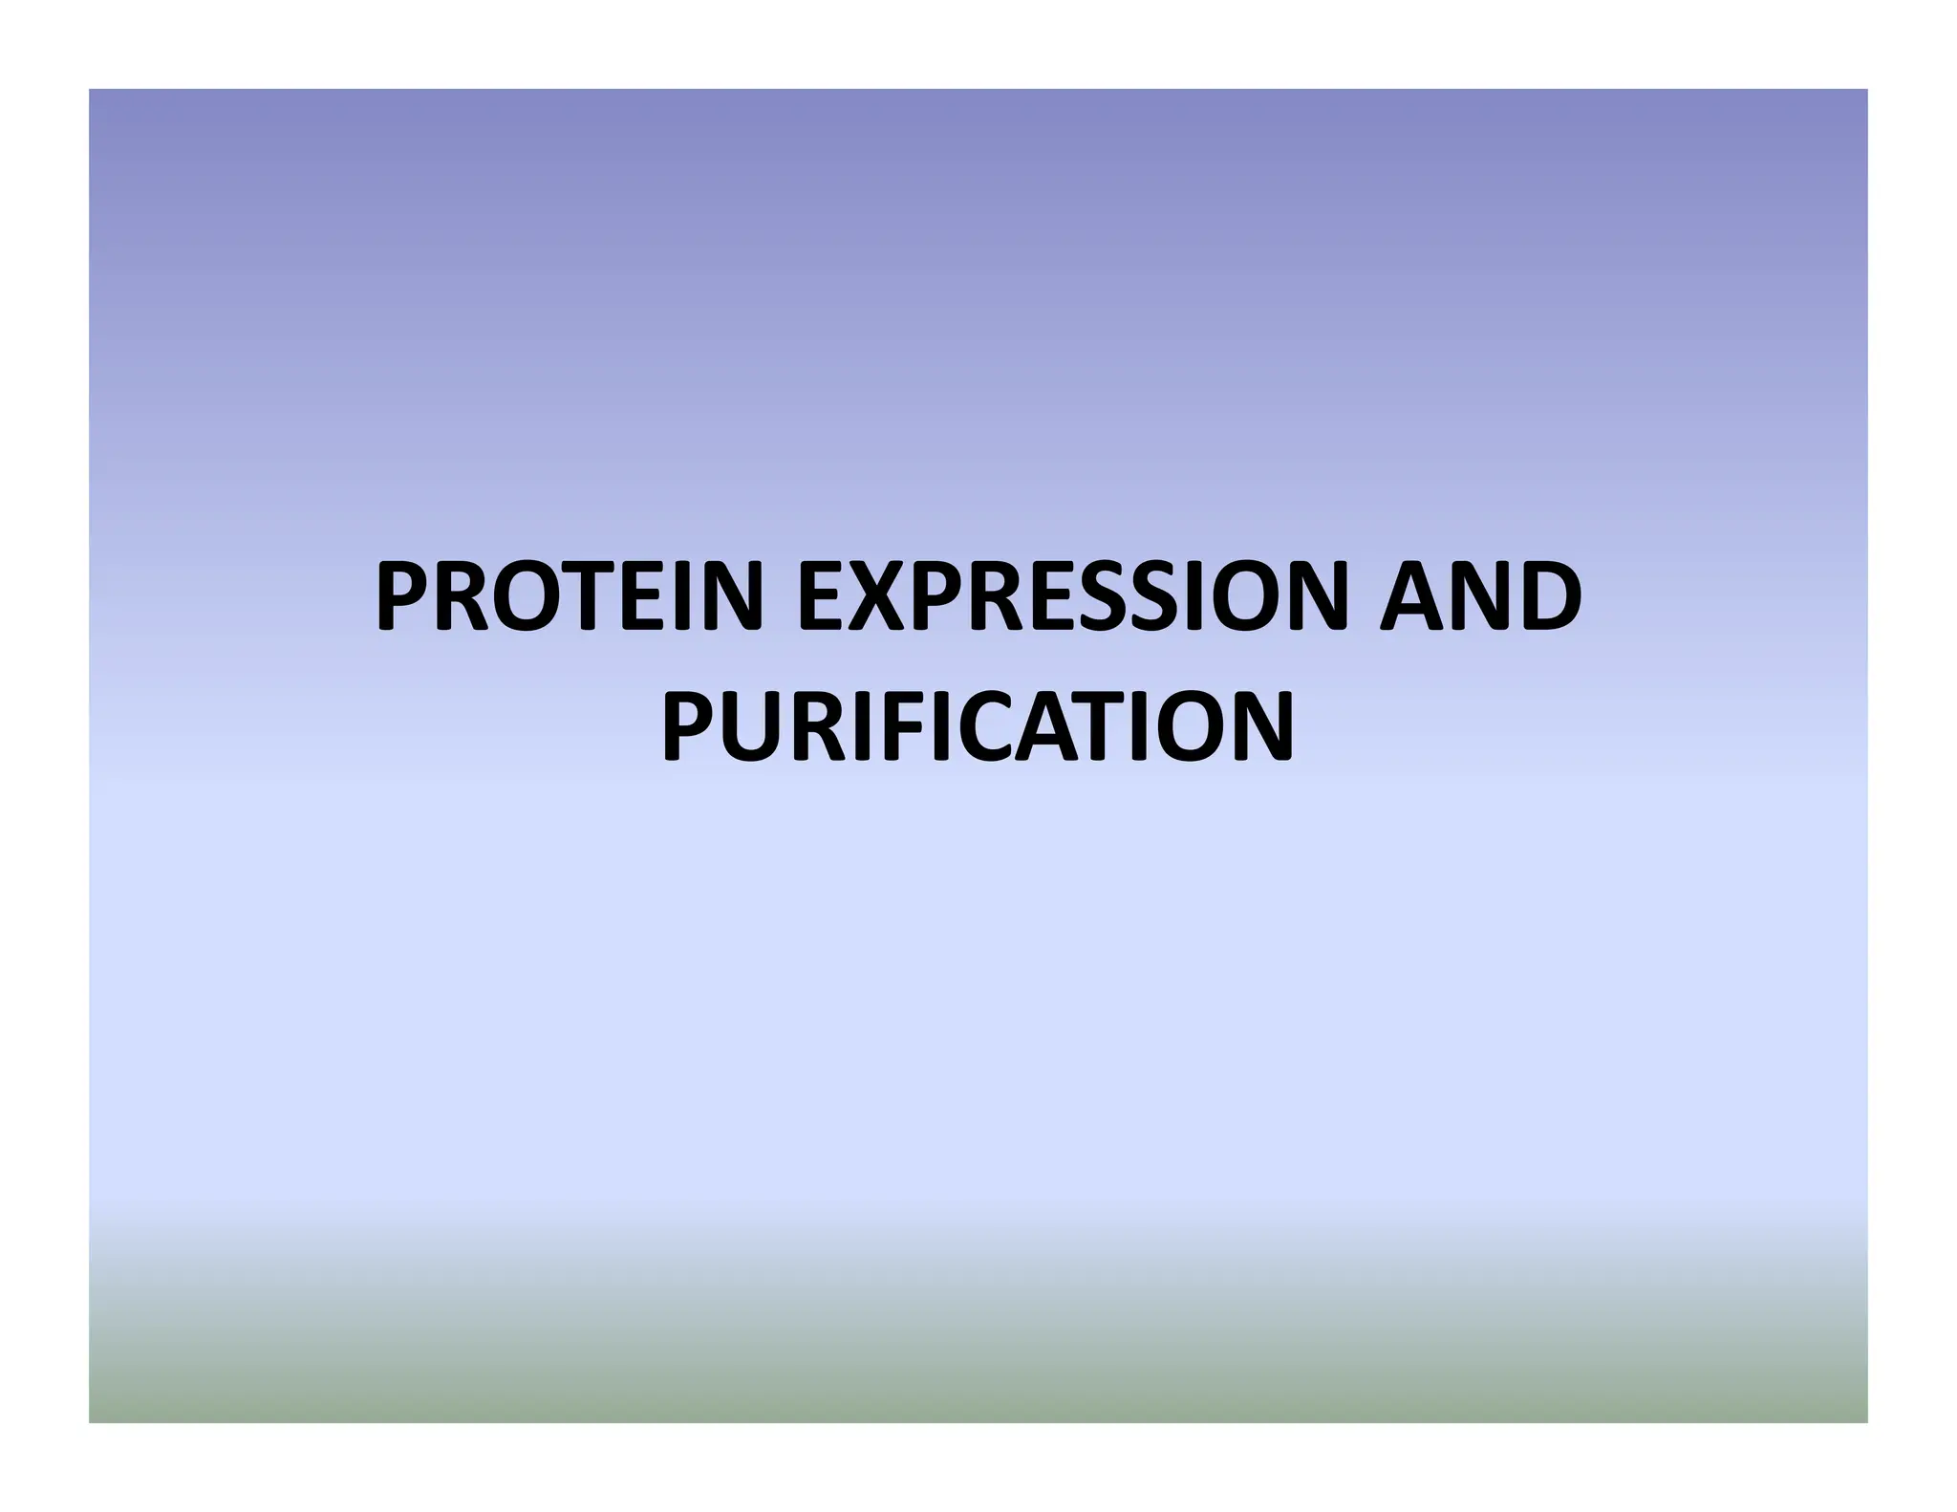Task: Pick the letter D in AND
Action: tap(1549, 596)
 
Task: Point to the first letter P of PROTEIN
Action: tap(402, 596)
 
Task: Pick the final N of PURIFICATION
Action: tap(1261, 726)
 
